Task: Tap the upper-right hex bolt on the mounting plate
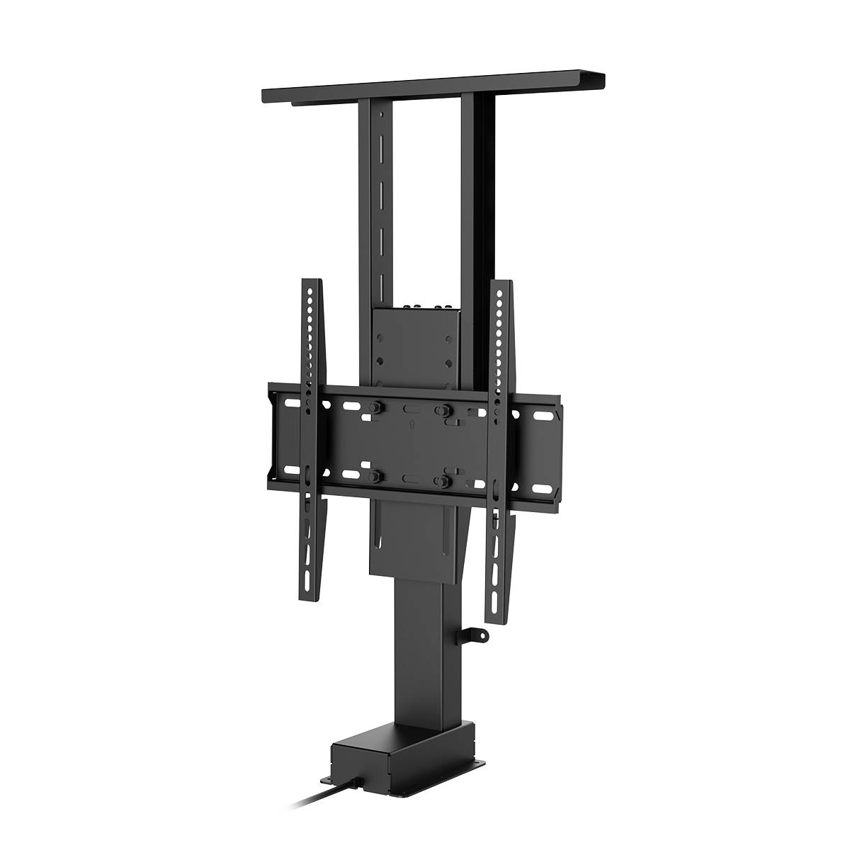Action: (445, 409)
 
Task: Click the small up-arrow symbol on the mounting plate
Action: (410, 426)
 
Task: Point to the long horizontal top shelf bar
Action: (432, 89)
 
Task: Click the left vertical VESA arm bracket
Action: (312, 439)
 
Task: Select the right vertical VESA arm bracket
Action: (500, 439)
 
